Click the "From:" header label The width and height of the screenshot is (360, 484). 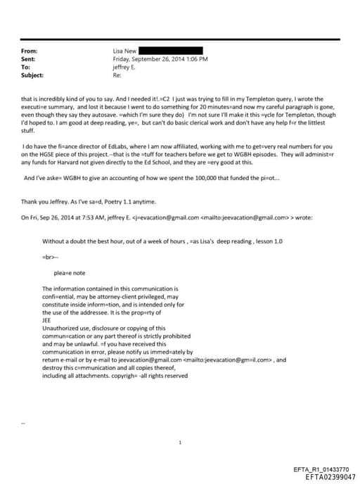(x=29, y=51)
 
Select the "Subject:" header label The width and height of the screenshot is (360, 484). (x=32, y=74)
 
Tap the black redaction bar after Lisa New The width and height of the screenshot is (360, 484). (x=170, y=51)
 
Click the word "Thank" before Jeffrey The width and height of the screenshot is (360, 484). (x=29, y=202)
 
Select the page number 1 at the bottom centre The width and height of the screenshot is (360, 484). (x=181, y=442)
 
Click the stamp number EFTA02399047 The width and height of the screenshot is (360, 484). (x=331, y=476)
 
